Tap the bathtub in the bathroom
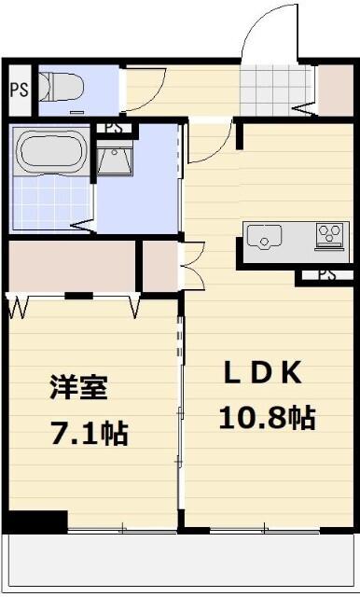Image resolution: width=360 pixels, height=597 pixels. [x=51, y=152]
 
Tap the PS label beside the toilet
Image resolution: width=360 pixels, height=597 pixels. [x=19, y=90]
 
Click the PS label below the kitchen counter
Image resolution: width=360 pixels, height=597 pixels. [x=325, y=275]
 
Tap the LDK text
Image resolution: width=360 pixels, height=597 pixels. [x=262, y=372]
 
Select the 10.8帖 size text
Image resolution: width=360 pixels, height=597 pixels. [x=266, y=417]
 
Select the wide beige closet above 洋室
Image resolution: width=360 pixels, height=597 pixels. [x=72, y=266]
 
